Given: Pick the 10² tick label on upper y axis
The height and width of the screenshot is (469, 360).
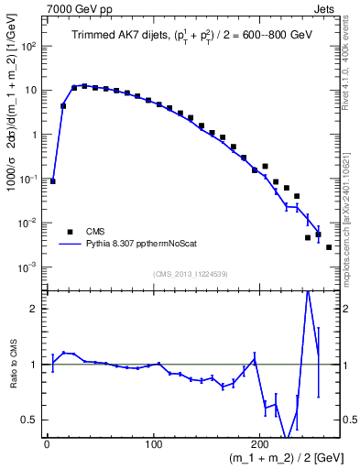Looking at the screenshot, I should pos(29,46).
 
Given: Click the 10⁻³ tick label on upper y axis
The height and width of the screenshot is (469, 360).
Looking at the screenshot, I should pos(29,267).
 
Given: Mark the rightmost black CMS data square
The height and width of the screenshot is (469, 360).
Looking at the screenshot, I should pos(329,247).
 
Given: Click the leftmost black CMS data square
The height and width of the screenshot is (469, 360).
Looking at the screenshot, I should pos(52,181).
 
